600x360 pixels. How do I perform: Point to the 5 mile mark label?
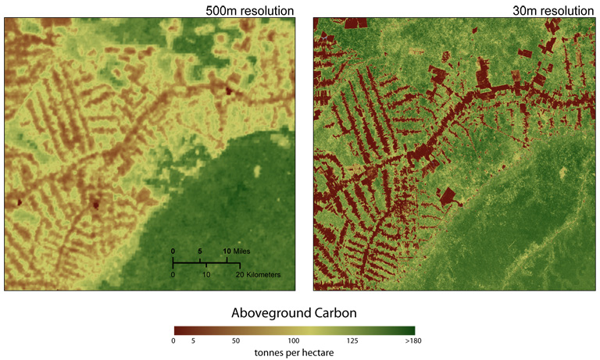(201, 251)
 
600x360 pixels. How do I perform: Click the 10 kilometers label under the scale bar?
(206, 276)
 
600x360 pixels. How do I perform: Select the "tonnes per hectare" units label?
(294, 352)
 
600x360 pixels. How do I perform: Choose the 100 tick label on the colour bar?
(294, 340)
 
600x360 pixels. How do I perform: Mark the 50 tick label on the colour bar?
(235, 340)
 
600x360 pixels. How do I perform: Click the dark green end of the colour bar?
(409, 330)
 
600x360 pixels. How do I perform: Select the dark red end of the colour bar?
(177, 330)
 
